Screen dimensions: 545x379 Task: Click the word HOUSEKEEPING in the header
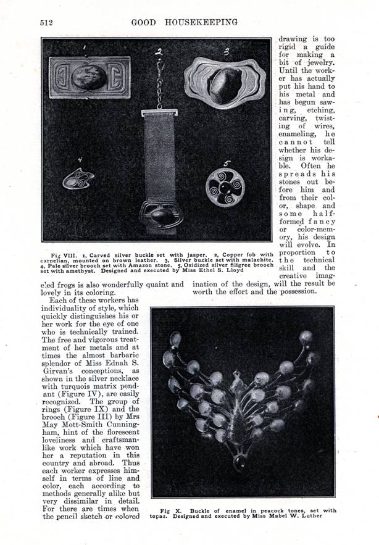point(201,22)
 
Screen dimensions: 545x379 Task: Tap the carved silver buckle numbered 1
point(90,78)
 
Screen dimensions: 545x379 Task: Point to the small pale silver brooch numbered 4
point(78,179)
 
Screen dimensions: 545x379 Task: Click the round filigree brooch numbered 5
point(225,188)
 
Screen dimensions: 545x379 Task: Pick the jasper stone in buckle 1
point(89,78)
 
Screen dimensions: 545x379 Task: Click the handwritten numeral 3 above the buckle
point(227,51)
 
